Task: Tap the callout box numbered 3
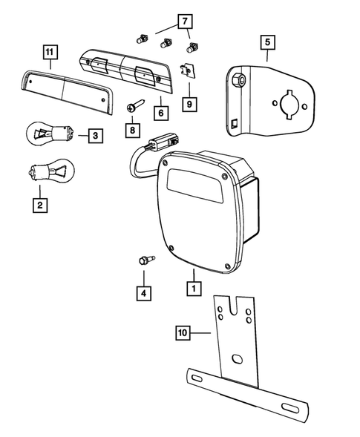[95, 136]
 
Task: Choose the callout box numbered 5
[266, 42]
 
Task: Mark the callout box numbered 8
[133, 131]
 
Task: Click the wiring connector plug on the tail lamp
[163, 140]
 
